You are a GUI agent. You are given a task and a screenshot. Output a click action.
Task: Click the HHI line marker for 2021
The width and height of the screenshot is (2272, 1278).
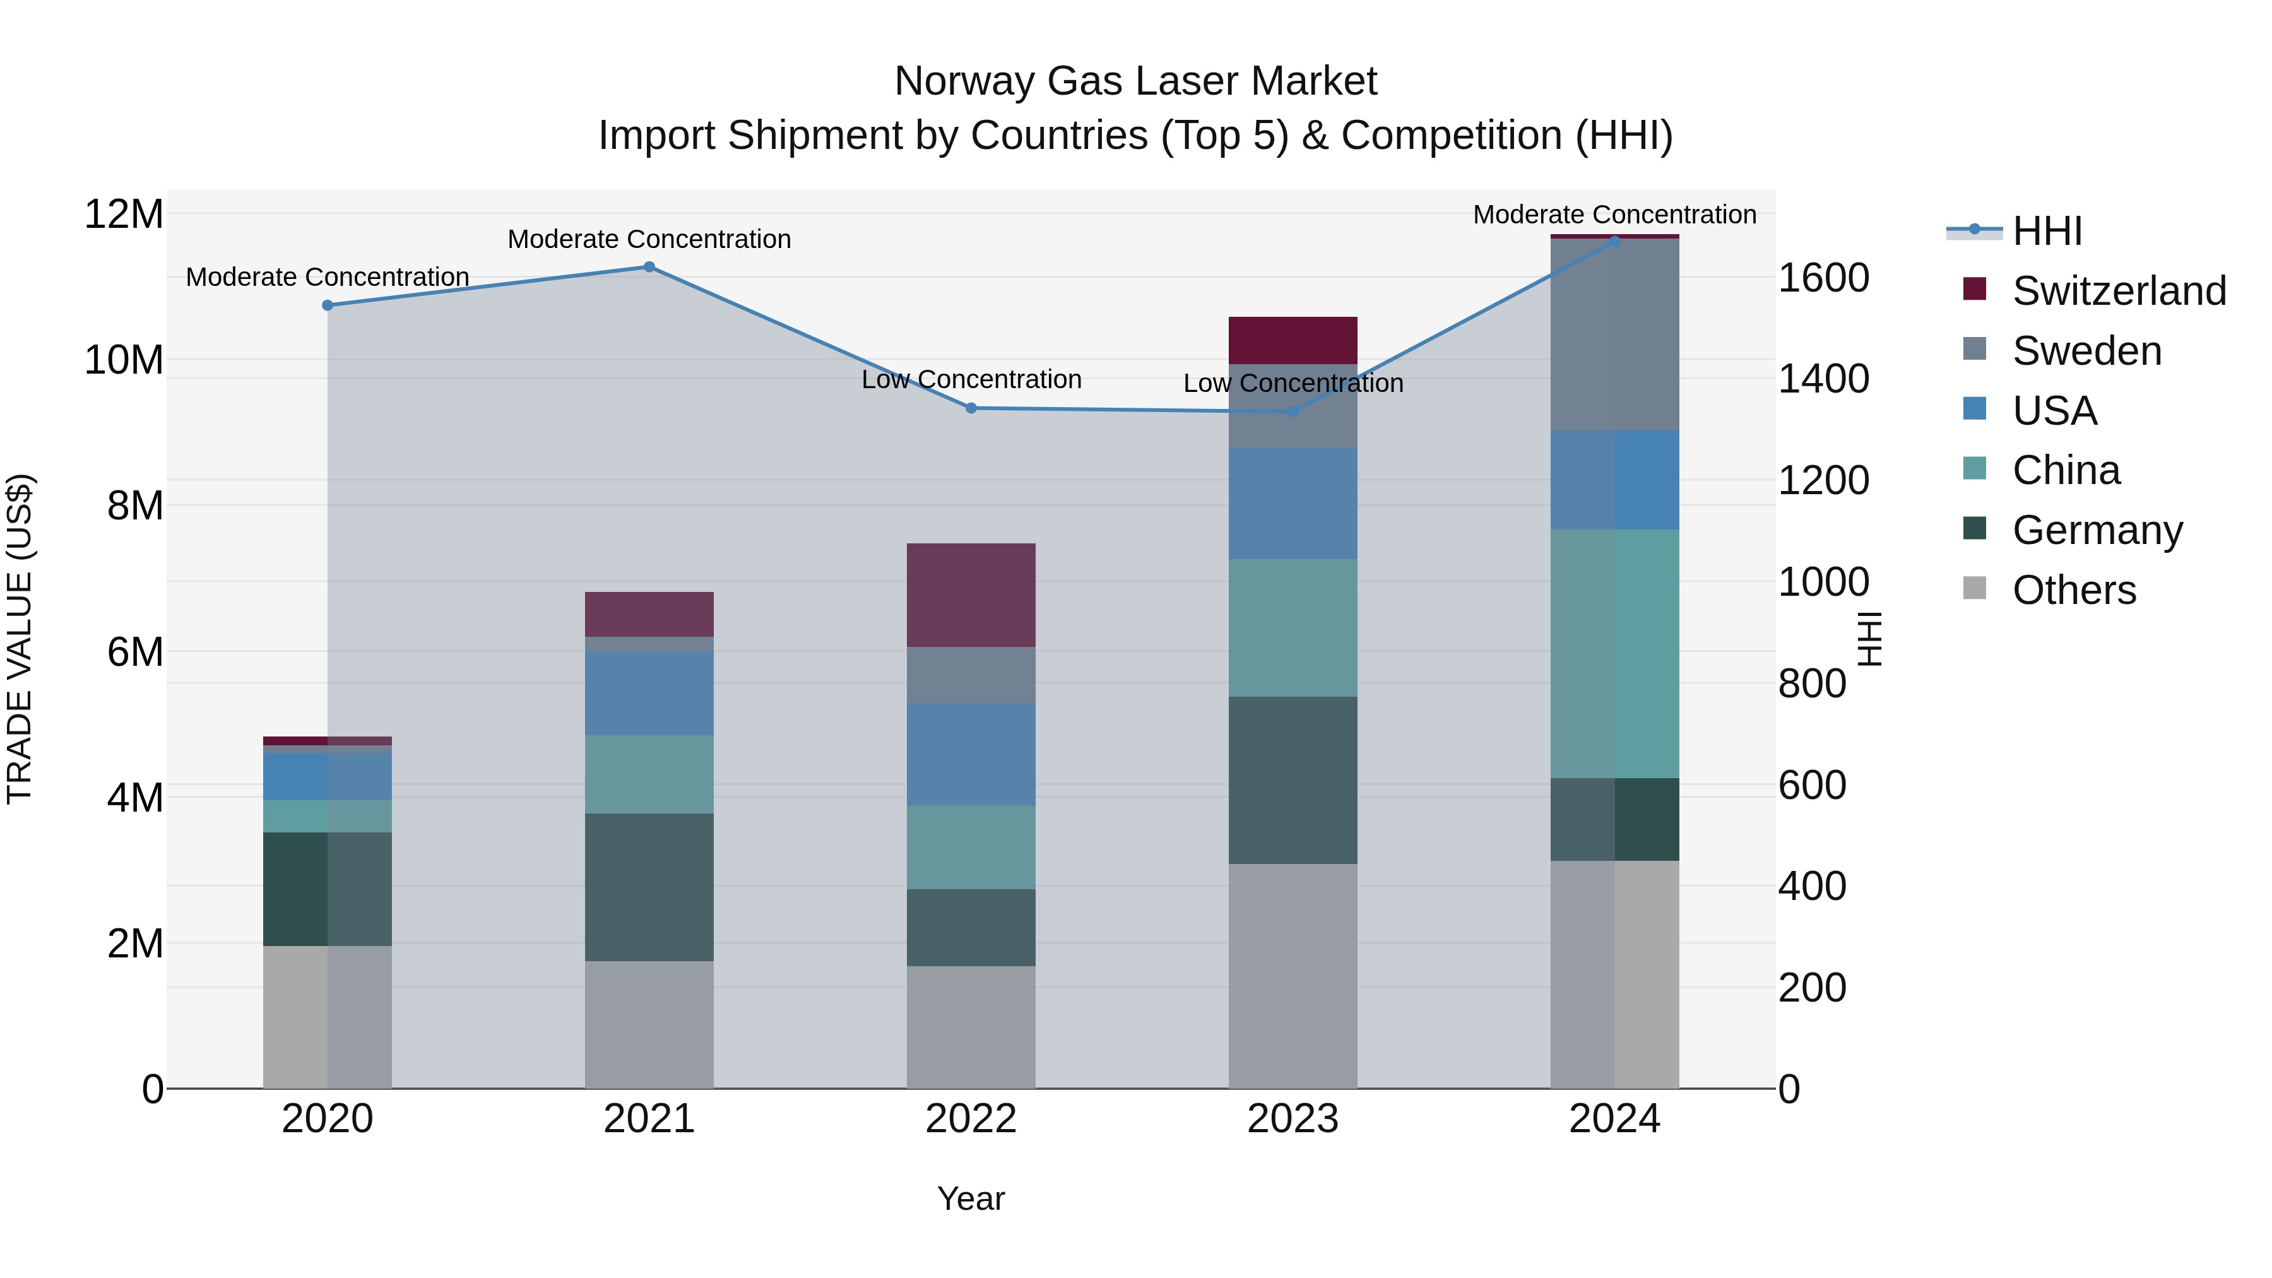point(649,266)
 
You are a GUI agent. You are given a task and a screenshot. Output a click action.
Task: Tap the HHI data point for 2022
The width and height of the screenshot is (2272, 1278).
point(971,408)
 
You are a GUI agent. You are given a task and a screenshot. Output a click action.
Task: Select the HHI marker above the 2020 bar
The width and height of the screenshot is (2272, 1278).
point(327,305)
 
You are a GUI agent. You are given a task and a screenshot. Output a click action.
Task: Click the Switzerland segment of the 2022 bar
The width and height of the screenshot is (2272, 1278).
point(971,595)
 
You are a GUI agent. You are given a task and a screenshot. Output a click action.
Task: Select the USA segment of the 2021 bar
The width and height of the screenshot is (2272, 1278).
point(649,693)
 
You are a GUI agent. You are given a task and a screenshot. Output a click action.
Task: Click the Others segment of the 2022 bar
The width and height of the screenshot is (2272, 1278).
point(971,1027)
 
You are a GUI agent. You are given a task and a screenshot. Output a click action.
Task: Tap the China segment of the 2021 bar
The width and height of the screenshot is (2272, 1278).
point(649,774)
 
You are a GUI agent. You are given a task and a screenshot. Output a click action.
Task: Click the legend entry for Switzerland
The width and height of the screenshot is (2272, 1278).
point(2119,291)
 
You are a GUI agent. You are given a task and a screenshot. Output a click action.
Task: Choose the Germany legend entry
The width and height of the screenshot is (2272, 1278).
point(2097,530)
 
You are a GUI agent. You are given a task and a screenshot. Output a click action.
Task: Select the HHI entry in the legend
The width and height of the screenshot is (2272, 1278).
point(2046,231)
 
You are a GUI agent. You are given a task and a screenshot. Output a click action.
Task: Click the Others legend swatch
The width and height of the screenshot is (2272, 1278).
point(1975,588)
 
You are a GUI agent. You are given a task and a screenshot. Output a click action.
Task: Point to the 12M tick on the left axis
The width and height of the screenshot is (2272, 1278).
point(124,215)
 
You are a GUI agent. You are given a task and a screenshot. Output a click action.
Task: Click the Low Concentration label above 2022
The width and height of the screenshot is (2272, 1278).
point(971,379)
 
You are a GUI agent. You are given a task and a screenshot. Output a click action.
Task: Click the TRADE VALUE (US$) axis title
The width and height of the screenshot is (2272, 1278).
point(20,639)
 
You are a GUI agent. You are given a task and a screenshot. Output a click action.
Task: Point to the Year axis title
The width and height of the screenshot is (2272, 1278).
point(971,1198)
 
